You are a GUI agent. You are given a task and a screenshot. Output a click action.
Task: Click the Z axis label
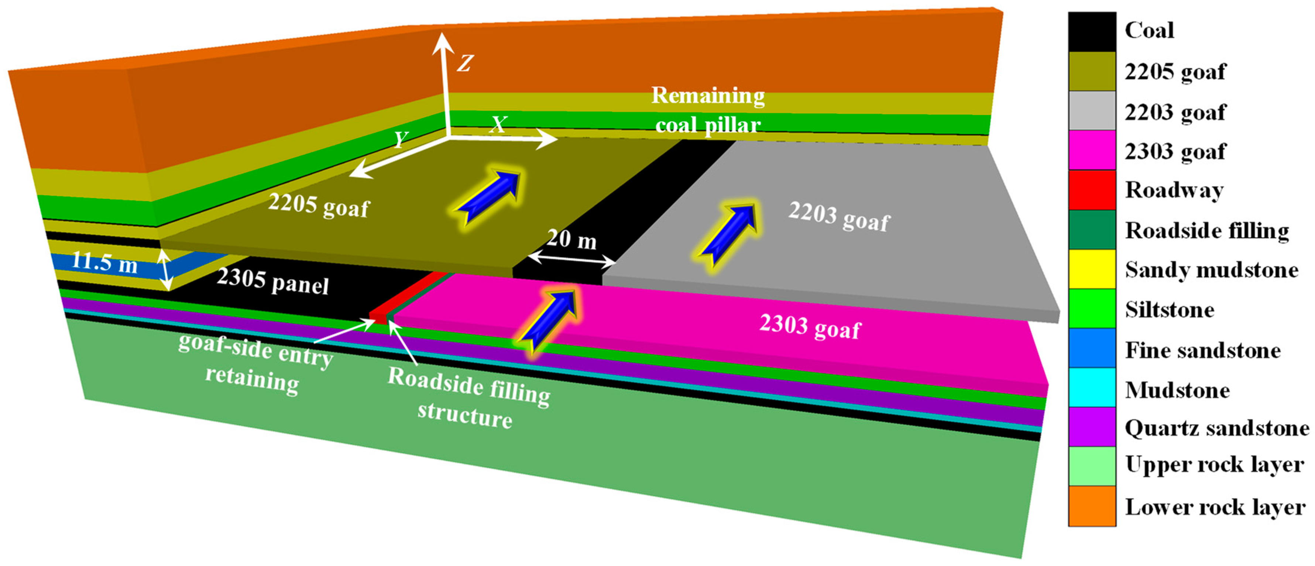(x=464, y=64)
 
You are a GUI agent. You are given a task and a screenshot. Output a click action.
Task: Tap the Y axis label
(x=401, y=139)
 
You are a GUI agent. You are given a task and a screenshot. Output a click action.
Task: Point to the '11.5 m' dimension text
(x=104, y=262)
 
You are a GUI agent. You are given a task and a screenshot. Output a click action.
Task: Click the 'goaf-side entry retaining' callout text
(x=255, y=363)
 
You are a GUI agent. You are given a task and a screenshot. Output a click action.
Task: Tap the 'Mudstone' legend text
(x=1177, y=390)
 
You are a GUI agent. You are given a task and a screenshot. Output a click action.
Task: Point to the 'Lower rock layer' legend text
(x=1215, y=507)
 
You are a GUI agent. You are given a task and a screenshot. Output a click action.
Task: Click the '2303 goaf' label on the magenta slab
(x=810, y=327)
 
